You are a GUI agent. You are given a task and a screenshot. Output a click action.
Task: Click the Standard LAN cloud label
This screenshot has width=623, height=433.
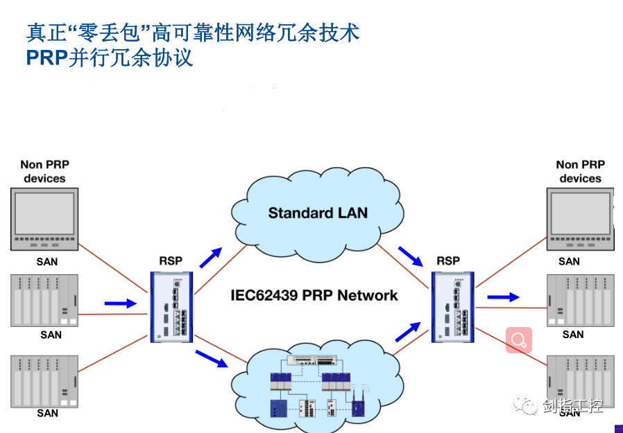pyautogui.click(x=318, y=213)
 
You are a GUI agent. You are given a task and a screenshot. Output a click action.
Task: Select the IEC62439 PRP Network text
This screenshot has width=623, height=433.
pyautogui.click(x=314, y=296)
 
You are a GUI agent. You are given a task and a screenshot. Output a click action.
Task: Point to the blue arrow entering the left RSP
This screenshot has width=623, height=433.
pyautogui.click(x=120, y=303)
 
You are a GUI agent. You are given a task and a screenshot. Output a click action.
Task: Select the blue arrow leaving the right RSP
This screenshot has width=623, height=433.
pyautogui.click(x=503, y=297)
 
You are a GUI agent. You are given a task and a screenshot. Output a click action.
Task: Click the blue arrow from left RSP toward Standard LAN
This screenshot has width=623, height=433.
pyautogui.click(x=211, y=257)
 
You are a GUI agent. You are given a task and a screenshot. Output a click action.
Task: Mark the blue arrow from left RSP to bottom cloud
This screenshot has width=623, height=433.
pyautogui.click(x=212, y=358)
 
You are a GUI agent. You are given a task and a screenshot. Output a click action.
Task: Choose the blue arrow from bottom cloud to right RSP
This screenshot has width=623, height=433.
pyautogui.click(x=409, y=331)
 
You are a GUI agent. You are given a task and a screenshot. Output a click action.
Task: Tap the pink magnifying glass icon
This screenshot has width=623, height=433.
pyautogui.click(x=518, y=340)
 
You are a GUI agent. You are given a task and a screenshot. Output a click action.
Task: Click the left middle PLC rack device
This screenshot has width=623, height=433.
pyautogui.click(x=44, y=301)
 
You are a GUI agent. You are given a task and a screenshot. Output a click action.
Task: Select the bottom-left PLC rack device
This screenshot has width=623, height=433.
pyautogui.click(x=44, y=381)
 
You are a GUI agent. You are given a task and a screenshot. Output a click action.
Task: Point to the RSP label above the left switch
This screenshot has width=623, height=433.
pyautogui.click(x=171, y=261)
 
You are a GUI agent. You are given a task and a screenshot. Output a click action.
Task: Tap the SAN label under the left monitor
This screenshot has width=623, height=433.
pyautogui.click(x=47, y=262)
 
